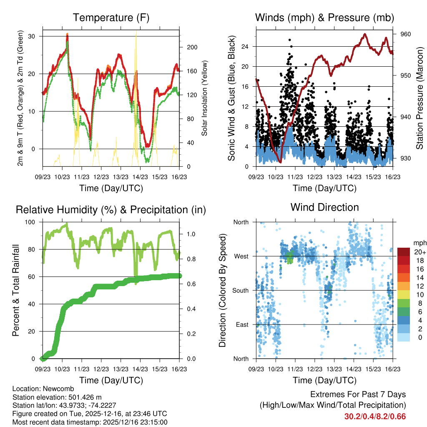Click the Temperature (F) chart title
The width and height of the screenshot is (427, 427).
(x=111, y=18)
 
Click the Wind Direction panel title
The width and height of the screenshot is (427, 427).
(x=324, y=207)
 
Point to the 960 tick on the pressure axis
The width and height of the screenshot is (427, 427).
(x=406, y=34)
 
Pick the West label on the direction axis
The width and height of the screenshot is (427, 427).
(x=241, y=256)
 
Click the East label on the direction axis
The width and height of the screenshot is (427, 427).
(x=242, y=324)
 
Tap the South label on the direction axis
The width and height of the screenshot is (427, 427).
(x=240, y=290)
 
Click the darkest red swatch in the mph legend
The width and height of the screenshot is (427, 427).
(x=404, y=252)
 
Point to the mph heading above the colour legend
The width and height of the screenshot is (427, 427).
(x=418, y=243)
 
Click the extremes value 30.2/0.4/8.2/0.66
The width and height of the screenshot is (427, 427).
(x=375, y=416)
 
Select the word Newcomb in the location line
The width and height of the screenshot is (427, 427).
(x=55, y=389)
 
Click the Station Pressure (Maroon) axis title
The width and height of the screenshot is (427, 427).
(x=419, y=98)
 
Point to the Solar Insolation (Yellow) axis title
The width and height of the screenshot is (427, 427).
(x=205, y=98)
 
